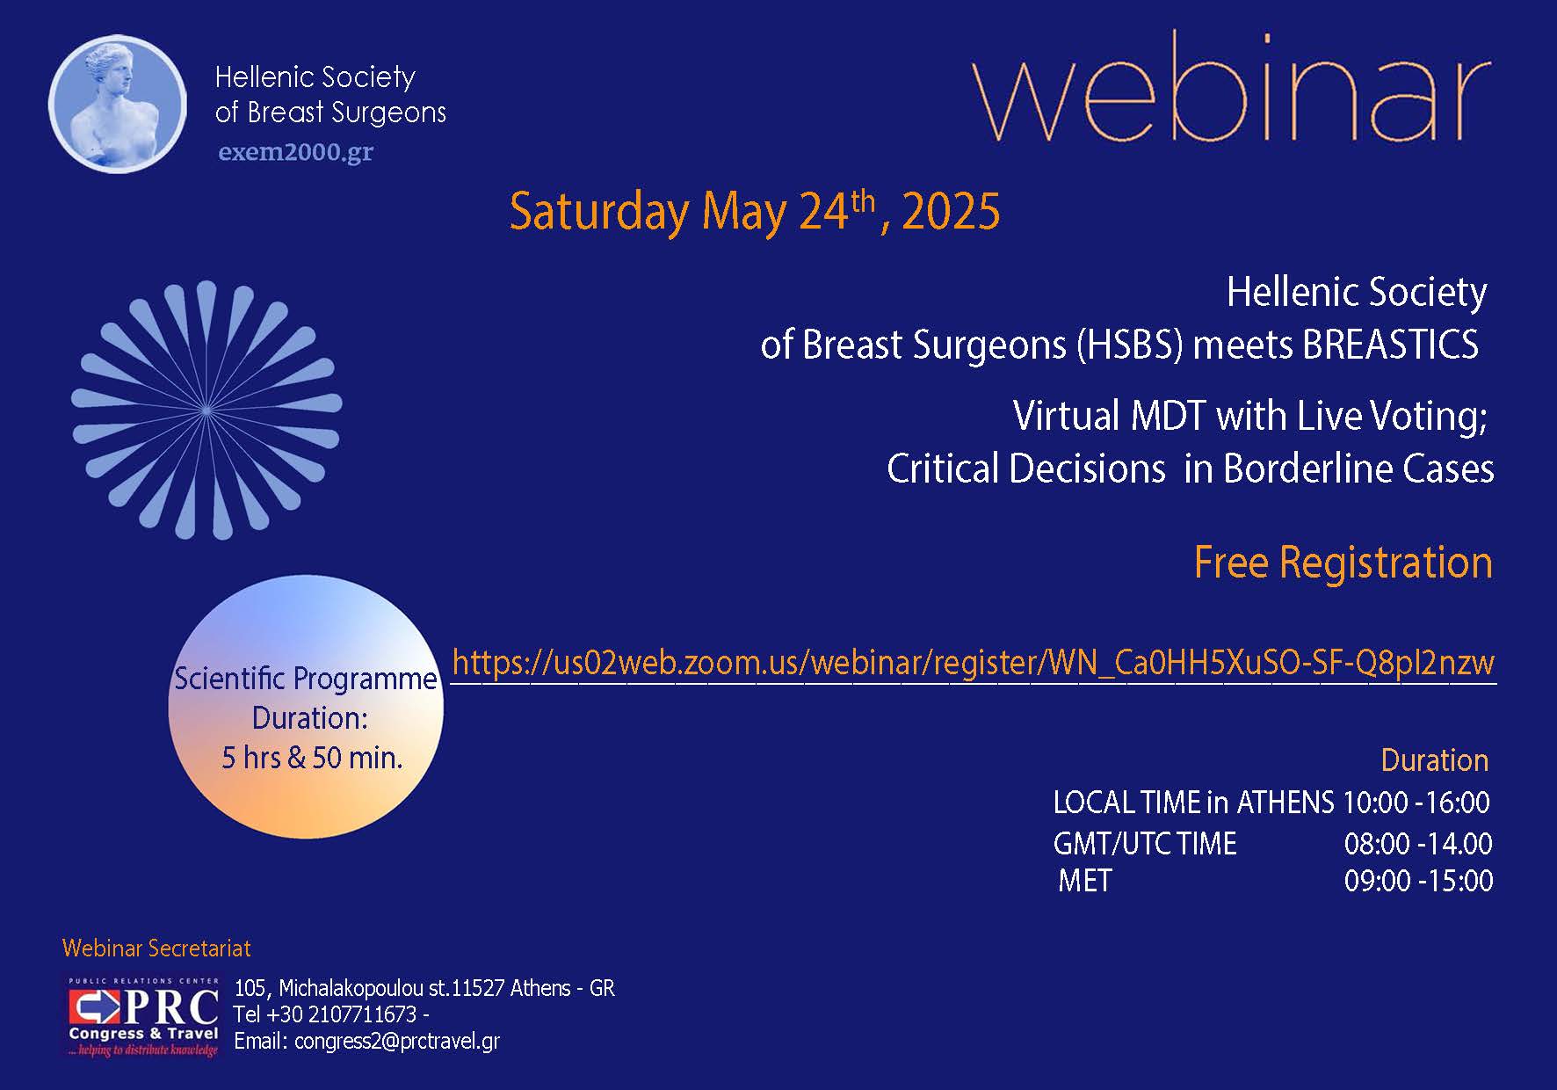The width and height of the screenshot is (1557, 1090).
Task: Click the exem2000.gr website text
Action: click(x=295, y=152)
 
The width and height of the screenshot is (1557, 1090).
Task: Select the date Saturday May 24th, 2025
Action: click(x=754, y=212)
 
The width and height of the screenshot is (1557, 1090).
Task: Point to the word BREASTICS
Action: click(x=1390, y=345)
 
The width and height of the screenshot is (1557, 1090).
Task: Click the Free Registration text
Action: click(x=1343, y=563)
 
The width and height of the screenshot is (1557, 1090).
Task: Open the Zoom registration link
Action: click(x=973, y=662)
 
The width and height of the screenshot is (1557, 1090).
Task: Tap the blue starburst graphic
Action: click(x=206, y=410)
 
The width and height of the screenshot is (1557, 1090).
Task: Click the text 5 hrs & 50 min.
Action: click(x=312, y=758)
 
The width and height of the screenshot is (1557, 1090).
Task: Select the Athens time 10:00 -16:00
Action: click(x=1416, y=803)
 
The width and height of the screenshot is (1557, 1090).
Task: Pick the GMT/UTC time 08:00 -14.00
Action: click(x=1417, y=844)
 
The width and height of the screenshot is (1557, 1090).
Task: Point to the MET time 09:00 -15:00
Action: click(x=1418, y=881)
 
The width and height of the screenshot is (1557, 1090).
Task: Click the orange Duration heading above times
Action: click(x=1434, y=760)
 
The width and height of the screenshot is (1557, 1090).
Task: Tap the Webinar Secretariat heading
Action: click(x=156, y=948)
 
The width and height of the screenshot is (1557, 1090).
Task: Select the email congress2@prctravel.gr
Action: click(x=397, y=1042)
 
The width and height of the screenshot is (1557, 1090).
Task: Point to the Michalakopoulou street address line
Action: click(x=424, y=988)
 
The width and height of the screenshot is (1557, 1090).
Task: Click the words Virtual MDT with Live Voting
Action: click(x=1249, y=416)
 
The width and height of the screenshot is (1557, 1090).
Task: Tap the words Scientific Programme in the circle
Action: click(x=305, y=679)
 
